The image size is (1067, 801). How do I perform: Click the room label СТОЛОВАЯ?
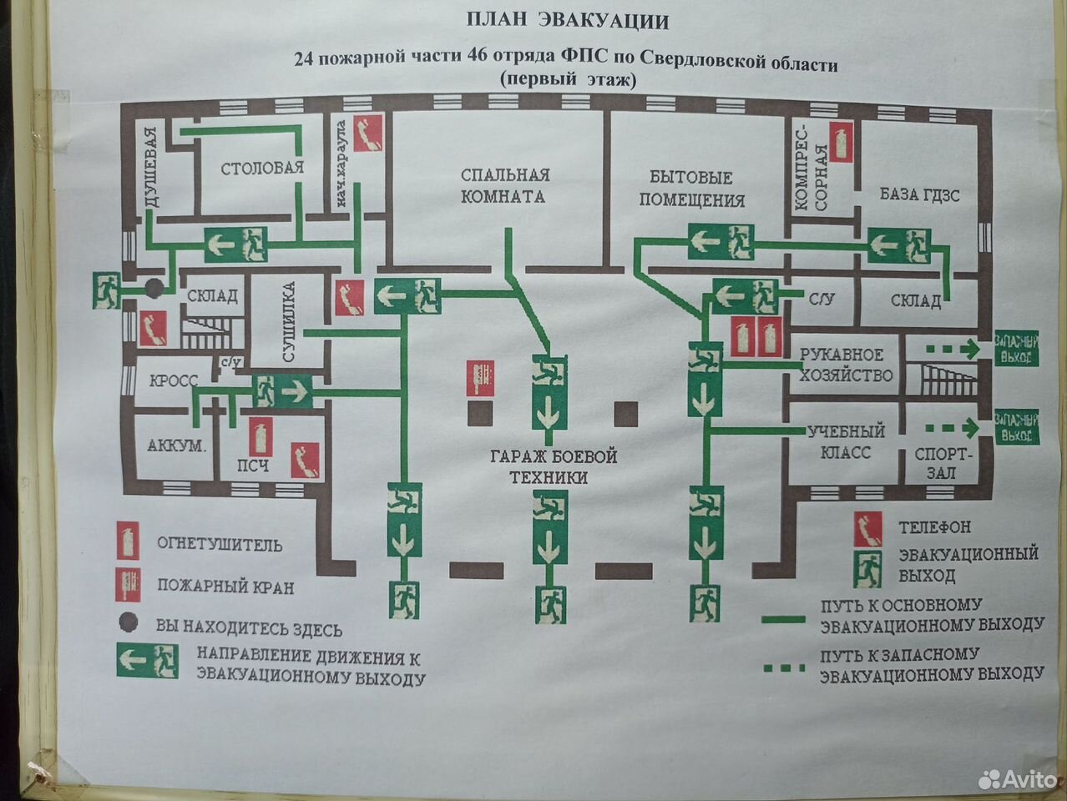click(262, 168)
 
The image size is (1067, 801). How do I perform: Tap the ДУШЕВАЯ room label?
click(152, 167)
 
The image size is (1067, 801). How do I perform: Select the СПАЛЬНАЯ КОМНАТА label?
click(504, 185)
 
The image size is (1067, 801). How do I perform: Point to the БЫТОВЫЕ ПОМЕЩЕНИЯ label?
click(692, 189)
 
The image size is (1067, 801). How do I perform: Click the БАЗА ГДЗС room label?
click(920, 194)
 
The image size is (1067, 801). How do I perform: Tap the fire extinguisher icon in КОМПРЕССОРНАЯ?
click(842, 142)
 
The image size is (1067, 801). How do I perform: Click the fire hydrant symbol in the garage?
click(480, 378)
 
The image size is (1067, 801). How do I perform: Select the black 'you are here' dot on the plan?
click(154, 288)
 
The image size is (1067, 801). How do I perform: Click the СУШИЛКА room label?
click(289, 321)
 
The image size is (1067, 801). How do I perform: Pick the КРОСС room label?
click(174, 380)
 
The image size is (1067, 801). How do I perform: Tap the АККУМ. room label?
click(176, 446)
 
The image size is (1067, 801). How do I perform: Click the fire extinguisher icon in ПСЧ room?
click(260, 436)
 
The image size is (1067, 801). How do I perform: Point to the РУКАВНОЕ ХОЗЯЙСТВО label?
click(846, 365)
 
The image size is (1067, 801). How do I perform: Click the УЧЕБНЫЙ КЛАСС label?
click(846, 441)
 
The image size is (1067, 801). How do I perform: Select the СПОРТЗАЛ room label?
click(942, 463)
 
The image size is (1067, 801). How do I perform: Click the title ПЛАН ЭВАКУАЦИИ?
click(568, 22)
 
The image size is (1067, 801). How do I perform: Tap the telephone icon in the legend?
click(868, 529)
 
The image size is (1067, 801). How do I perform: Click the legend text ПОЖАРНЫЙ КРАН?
click(225, 587)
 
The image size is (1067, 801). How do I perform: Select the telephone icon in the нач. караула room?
click(368, 133)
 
